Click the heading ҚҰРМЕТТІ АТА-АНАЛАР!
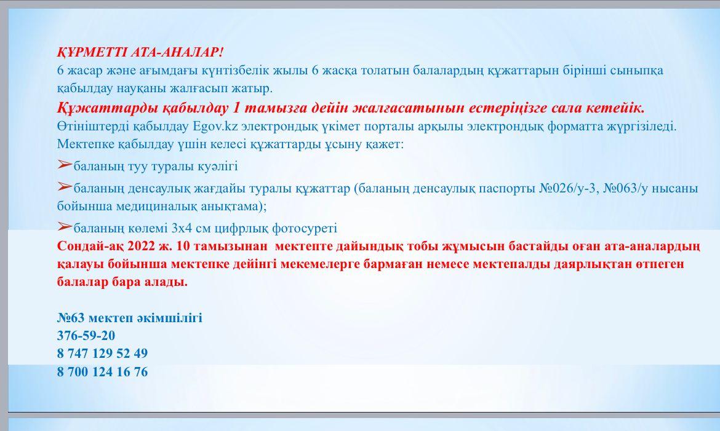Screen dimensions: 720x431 [x=140, y=52]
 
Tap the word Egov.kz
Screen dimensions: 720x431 [x=215, y=126]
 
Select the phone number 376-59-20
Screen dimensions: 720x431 [x=86, y=336]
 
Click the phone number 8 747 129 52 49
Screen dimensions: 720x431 [x=102, y=354]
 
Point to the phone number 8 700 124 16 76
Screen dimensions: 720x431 [x=102, y=372]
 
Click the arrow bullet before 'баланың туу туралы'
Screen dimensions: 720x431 [x=65, y=164]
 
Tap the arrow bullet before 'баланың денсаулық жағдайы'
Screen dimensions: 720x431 [x=65, y=186]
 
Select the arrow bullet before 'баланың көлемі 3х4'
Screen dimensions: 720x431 [x=65, y=226]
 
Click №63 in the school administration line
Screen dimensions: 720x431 [x=71, y=318]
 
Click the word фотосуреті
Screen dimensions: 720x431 [x=305, y=229]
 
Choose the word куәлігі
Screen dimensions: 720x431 [x=218, y=167]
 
